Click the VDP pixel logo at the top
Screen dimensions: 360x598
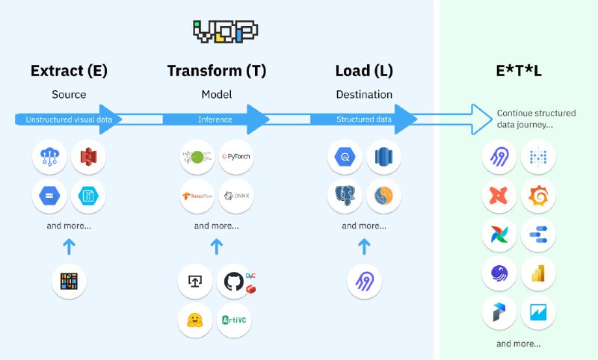[225, 30]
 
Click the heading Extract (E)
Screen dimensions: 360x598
[69, 71]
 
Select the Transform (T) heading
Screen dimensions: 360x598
[217, 71]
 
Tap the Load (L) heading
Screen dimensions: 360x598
[364, 71]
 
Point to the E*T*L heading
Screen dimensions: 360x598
[518, 71]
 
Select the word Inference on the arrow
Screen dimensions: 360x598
[215, 120]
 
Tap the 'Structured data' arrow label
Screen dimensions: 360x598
[363, 120]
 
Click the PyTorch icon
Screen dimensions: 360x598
[237, 158]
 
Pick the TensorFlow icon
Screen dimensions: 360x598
[197, 196]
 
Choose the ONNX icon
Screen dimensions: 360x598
[237, 196]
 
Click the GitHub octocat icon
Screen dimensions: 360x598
[233, 282]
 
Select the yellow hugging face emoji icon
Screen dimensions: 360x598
[195, 320]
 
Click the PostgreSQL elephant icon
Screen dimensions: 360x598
[345, 196]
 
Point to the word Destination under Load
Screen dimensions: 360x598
[364, 95]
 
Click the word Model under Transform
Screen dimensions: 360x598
[216, 95]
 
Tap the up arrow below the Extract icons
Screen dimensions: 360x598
[69, 246]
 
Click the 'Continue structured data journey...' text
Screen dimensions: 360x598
[536, 119]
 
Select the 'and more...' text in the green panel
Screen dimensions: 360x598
[518, 344]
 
